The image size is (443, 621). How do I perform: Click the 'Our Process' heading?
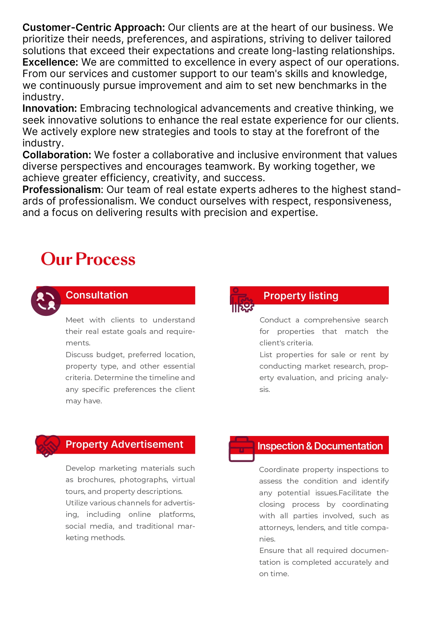[88, 259]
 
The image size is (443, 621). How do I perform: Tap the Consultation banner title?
[97, 295]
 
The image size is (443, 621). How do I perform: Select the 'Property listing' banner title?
[301, 296]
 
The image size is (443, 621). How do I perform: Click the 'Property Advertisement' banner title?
[124, 444]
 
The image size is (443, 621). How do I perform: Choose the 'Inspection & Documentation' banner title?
[320, 446]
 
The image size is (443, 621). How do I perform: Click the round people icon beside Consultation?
[46, 301]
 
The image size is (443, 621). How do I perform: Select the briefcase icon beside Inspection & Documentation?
[242, 450]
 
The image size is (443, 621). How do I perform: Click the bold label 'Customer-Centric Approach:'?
[94, 27]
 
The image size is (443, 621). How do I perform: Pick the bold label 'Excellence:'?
[50, 62]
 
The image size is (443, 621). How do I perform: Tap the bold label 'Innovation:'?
[50, 108]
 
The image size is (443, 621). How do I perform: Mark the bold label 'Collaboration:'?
[57, 155]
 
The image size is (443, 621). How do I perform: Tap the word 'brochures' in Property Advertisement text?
[97, 480]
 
